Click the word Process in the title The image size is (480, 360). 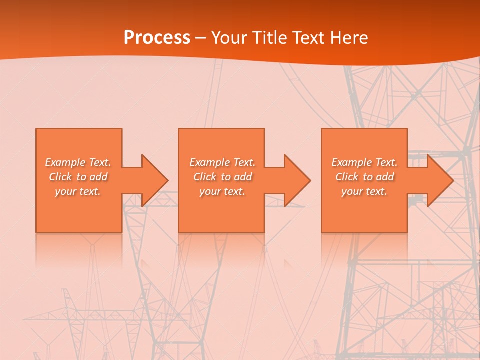coord(157,38)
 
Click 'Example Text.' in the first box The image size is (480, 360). coord(78,162)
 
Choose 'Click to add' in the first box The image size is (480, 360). coord(78,177)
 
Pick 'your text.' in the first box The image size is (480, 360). coord(78,191)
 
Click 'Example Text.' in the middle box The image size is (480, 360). coord(222,162)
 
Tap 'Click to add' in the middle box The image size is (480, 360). coord(222,177)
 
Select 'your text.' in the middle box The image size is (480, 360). coord(222,191)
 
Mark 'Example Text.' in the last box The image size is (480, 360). coord(364,162)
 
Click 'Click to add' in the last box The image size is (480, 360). coord(364,177)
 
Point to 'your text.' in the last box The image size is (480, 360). coord(364,191)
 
